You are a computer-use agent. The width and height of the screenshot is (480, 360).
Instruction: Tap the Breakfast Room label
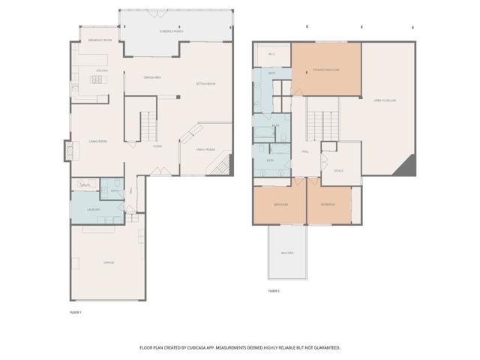100,40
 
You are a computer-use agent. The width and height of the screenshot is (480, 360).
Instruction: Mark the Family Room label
205,149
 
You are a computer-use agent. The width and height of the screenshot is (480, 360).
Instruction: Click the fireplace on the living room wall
69,151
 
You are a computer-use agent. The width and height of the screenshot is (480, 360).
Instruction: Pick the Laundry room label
93,209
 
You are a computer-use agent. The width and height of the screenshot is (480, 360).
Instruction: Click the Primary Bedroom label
326,70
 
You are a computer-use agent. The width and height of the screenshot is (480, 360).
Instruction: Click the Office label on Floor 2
338,170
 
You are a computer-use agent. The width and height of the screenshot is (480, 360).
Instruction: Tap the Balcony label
287,253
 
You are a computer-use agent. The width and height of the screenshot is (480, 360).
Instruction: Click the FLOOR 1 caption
75,311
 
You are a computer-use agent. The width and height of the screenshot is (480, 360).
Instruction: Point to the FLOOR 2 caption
274,290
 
